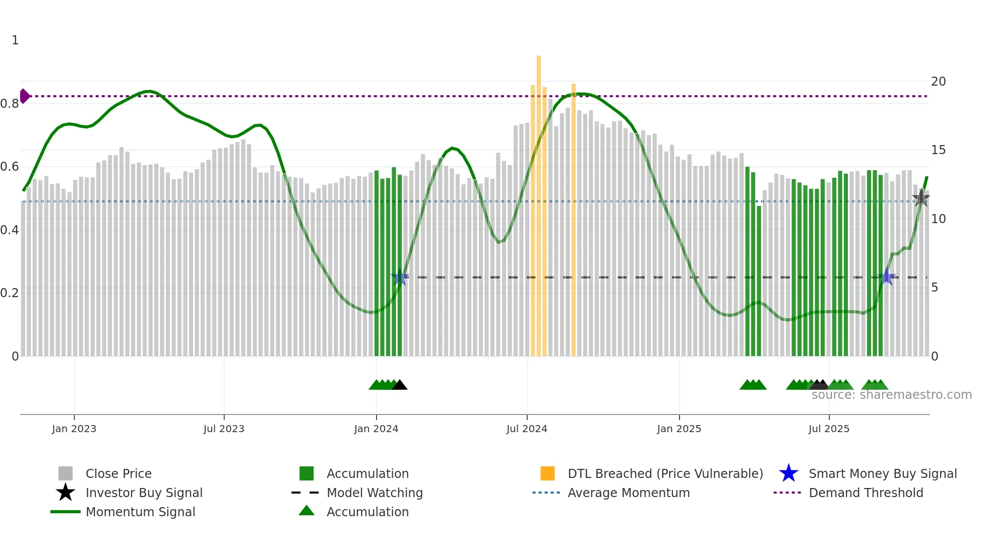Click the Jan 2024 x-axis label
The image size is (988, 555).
click(376, 429)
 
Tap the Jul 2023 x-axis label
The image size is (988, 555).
click(224, 429)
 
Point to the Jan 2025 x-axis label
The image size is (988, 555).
click(679, 429)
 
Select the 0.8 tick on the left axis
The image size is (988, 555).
click(10, 104)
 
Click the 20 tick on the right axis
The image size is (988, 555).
click(938, 82)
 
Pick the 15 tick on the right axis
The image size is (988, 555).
click(938, 150)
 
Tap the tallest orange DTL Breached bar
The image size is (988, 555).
click(538, 201)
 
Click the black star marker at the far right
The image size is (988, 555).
click(920, 198)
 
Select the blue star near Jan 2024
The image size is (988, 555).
click(400, 277)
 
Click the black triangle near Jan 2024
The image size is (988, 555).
click(400, 385)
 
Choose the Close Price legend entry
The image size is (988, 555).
click(118, 473)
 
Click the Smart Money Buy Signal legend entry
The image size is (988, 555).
click(882, 473)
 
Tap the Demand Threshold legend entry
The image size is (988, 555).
click(866, 493)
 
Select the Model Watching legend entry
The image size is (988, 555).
click(374, 493)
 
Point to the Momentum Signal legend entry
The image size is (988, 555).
click(140, 512)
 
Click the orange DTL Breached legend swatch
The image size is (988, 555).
click(547, 473)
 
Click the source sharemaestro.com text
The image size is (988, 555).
click(891, 395)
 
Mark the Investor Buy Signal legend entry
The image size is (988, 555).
click(144, 493)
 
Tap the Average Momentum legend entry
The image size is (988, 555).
click(628, 493)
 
